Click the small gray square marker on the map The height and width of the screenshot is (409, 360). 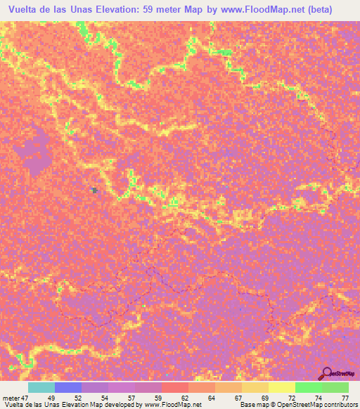coord(94,190)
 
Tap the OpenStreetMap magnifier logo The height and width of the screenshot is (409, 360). coord(326,373)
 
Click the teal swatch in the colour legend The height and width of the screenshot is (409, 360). coord(41,387)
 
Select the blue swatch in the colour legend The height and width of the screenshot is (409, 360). coord(67,387)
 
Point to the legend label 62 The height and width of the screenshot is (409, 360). coord(185,398)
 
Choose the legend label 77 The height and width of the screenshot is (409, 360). coord(345,398)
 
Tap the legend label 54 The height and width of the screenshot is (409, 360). coord(105,398)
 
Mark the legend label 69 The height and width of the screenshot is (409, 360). coord(265,398)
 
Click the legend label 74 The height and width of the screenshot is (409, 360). coord(319,398)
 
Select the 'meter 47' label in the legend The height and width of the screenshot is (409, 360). coord(16,398)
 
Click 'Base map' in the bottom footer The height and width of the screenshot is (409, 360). coord(250,405)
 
